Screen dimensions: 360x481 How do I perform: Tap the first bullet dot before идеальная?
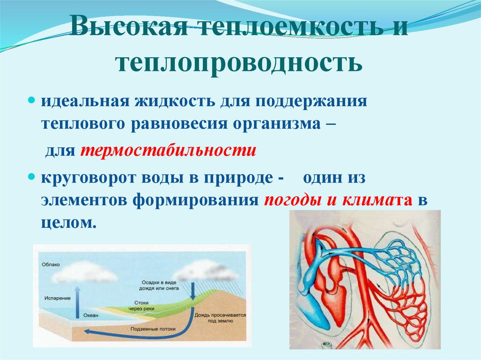[x=32, y=101]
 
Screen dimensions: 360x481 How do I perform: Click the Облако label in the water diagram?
[x=51, y=264]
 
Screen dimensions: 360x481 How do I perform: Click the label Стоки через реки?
[x=141, y=306]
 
